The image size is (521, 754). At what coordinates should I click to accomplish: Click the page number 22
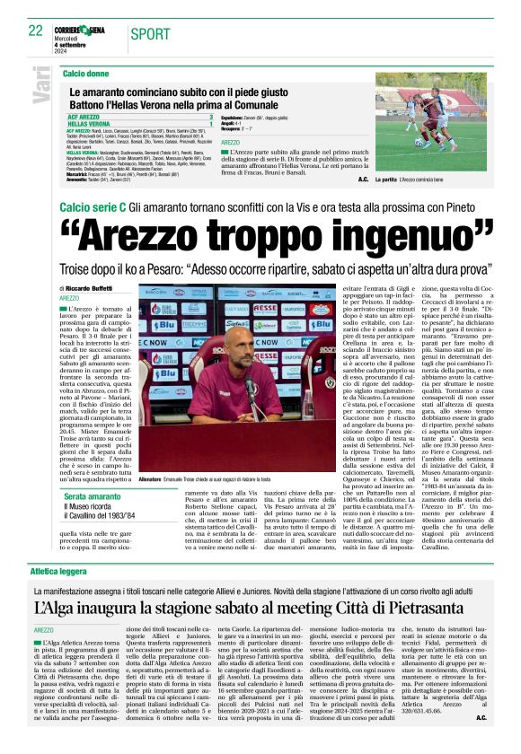coord(35,31)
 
